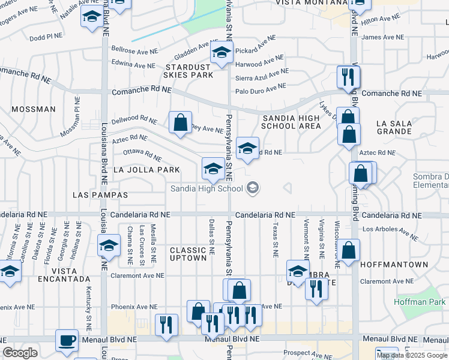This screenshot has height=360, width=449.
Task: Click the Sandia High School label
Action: (x=206, y=188)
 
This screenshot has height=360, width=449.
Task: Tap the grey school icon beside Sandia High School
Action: (x=253, y=188)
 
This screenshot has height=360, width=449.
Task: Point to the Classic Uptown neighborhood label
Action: (x=188, y=254)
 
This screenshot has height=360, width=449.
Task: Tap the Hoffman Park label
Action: (x=421, y=302)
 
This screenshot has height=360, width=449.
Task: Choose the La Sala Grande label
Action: (x=394, y=128)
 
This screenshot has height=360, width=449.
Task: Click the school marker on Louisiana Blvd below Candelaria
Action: (x=109, y=245)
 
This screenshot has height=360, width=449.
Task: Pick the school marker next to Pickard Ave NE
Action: (x=221, y=54)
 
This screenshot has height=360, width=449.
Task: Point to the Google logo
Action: (x=20, y=353)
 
